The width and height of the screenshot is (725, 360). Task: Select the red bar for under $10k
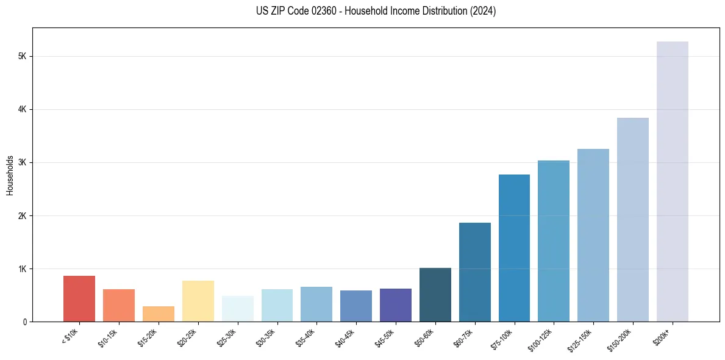(x=79, y=298)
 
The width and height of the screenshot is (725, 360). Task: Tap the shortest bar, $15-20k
(x=159, y=314)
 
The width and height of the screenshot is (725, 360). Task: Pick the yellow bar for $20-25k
(x=198, y=301)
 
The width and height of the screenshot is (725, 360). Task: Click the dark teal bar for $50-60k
(x=435, y=295)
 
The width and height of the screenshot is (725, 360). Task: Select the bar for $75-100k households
(x=514, y=248)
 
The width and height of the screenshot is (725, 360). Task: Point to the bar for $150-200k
(x=632, y=220)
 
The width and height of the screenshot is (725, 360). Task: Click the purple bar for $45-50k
(x=396, y=305)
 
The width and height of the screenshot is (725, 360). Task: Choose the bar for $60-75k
(x=474, y=272)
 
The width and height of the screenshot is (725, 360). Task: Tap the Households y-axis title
(x=10, y=175)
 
